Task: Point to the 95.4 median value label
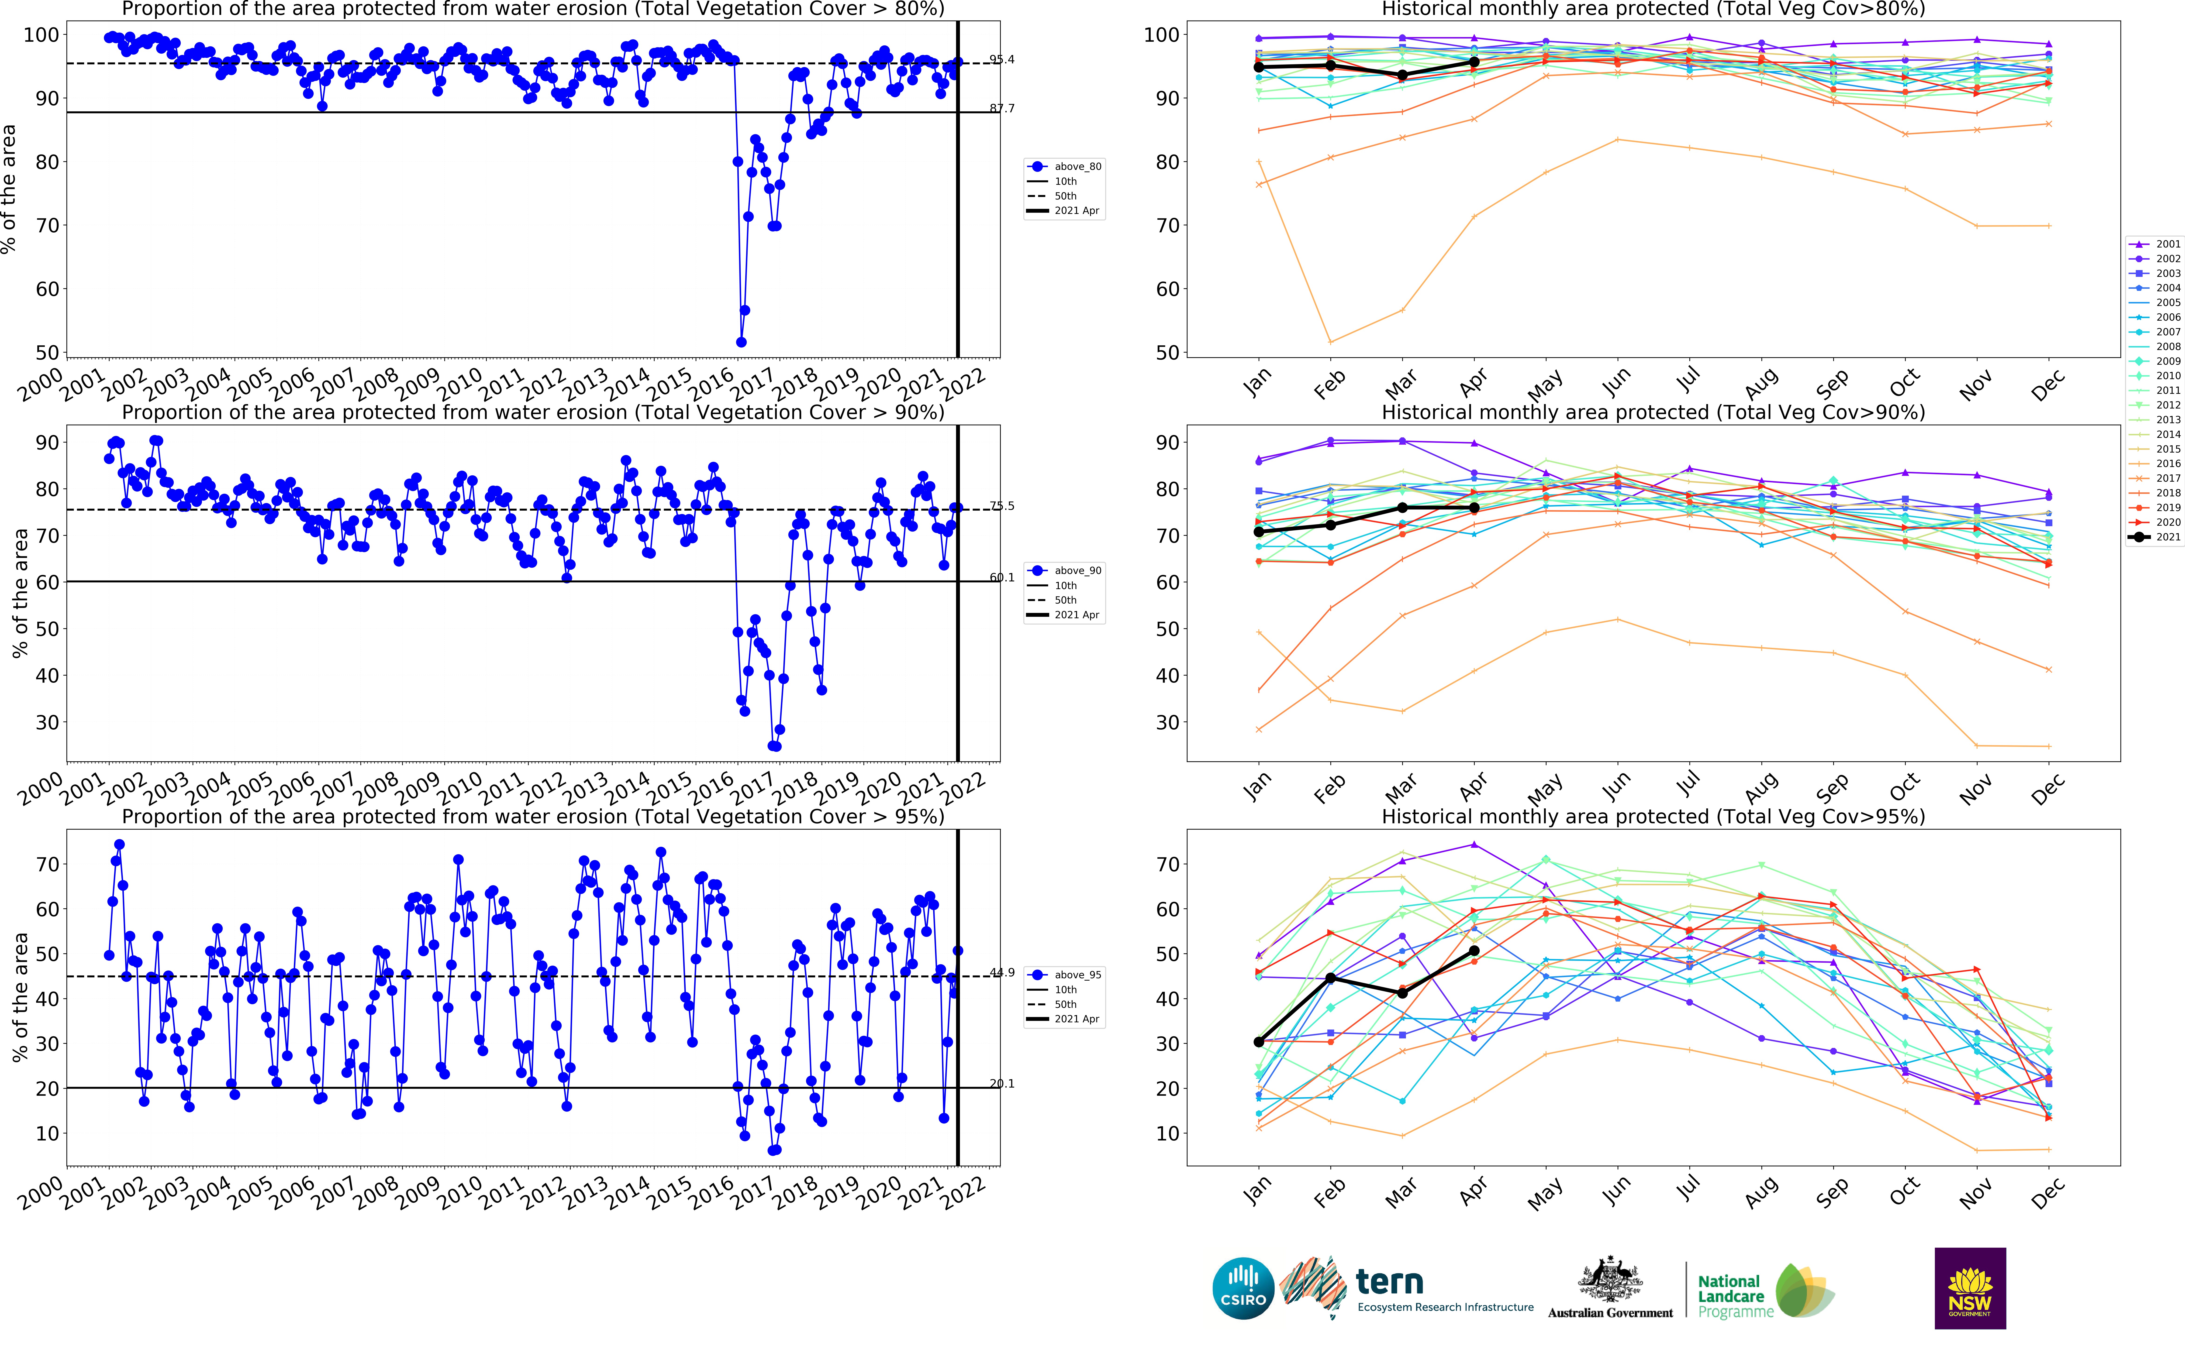(x=1002, y=60)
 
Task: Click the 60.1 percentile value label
(x=1002, y=578)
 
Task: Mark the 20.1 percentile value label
(x=1002, y=1083)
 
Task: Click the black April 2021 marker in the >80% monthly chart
(x=1474, y=62)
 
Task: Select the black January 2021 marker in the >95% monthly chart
(x=1258, y=1042)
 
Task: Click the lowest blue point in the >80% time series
(x=741, y=342)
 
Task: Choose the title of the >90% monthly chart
(x=1653, y=412)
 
